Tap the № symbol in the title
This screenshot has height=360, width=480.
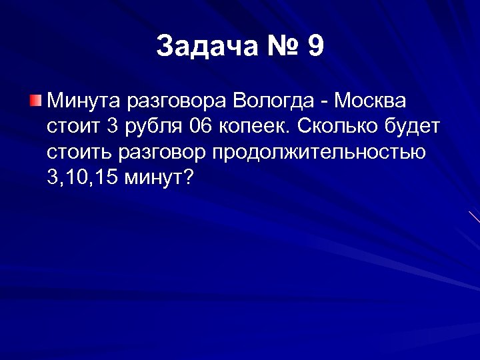(281, 46)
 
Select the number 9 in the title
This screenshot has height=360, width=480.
(316, 46)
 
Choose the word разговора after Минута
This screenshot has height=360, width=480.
(178, 103)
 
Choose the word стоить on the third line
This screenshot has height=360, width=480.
(79, 153)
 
